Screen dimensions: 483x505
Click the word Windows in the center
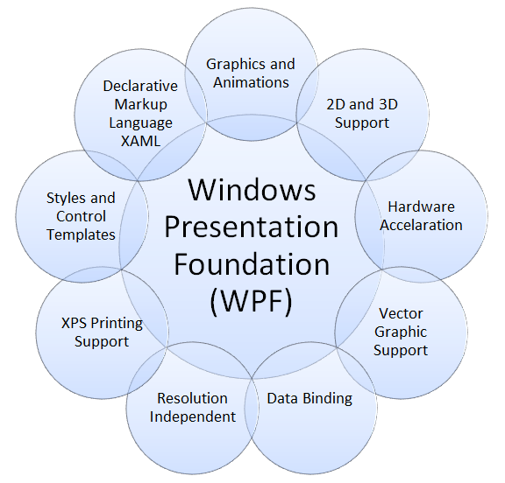coord(252,189)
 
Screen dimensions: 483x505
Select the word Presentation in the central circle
coord(252,226)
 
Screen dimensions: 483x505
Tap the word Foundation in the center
coord(252,262)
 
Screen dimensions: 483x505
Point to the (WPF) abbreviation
coord(252,299)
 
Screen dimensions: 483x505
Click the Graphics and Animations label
coord(250,73)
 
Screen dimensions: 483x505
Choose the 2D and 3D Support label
coord(362,114)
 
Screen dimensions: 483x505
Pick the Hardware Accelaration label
coord(421,216)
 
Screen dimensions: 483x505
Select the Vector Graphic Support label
coord(401,332)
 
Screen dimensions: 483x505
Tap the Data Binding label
coord(309,398)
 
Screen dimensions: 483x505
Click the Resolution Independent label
coord(192,407)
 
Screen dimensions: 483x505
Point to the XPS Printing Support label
coord(102,332)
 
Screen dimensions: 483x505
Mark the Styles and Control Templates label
coord(81,216)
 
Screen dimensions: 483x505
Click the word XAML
coord(140,141)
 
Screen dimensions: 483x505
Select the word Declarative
coord(140,86)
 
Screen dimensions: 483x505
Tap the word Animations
coord(250,82)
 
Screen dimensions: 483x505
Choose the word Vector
coord(401,313)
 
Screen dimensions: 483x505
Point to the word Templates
coord(81,234)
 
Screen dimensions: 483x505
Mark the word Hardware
coord(421,206)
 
